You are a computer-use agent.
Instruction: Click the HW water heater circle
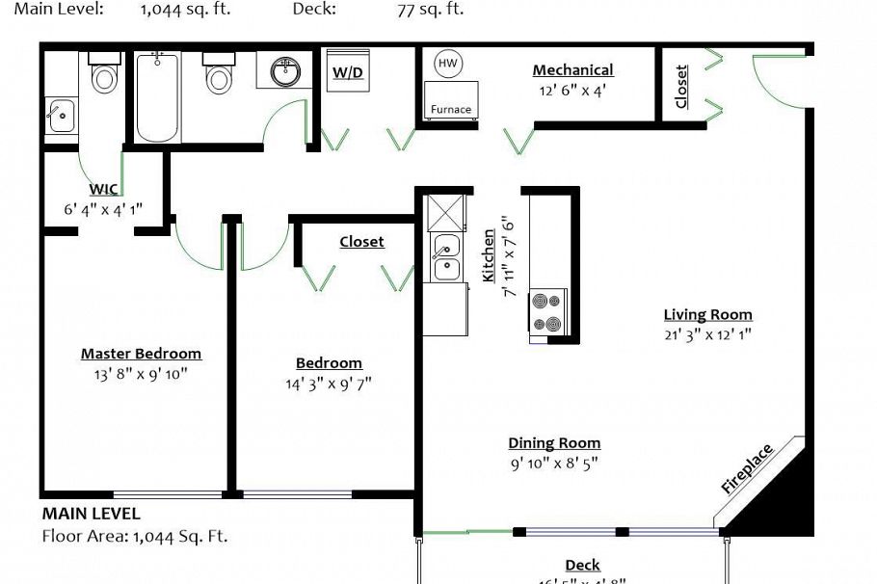447,64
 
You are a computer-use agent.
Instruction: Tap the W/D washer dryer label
348,72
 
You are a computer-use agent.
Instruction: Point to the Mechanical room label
572,70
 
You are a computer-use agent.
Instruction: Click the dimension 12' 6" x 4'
572,91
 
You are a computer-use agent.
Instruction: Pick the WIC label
103,189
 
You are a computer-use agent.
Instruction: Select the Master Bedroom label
141,354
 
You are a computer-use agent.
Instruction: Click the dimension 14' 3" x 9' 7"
329,384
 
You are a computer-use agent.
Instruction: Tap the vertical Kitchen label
489,255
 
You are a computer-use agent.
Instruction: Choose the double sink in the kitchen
445,257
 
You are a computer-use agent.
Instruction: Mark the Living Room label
707,314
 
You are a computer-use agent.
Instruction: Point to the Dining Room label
554,443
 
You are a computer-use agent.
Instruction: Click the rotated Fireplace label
747,468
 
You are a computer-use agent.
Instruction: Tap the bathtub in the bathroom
158,97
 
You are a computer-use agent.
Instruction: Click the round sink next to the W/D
283,70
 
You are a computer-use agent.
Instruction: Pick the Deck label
582,565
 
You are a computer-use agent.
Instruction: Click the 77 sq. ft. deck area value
430,10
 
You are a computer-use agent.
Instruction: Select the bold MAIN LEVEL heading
91,514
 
